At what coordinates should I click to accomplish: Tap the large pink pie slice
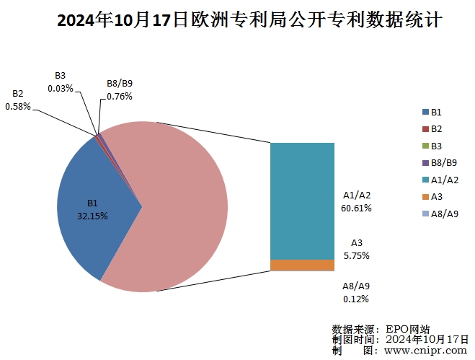click(x=180, y=216)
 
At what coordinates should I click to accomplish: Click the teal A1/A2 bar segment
click(x=302, y=201)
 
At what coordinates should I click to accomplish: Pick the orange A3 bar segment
click(x=302, y=265)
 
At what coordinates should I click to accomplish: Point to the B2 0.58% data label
click(x=18, y=100)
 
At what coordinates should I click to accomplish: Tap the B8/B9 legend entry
click(x=437, y=162)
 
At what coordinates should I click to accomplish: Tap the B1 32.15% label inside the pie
click(x=92, y=209)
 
